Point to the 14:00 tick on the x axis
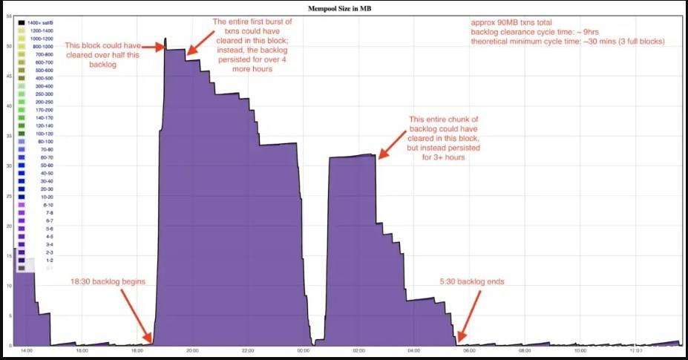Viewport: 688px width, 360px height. (x=27, y=350)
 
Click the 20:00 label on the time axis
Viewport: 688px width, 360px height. (x=192, y=350)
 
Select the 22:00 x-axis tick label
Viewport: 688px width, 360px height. (x=248, y=350)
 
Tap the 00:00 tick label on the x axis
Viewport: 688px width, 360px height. (x=303, y=350)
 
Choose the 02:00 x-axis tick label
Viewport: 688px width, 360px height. (x=358, y=350)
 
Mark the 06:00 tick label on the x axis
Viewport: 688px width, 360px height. (x=469, y=350)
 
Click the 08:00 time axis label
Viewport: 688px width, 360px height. (x=525, y=350)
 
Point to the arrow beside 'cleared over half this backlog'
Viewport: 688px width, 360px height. (x=152, y=47)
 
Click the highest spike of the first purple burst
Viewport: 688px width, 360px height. (x=166, y=39)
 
